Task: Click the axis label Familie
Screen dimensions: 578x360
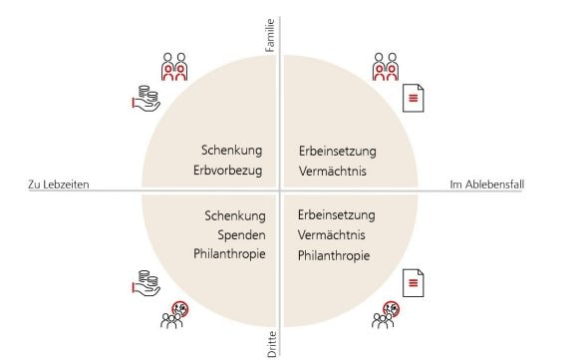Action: point(271,37)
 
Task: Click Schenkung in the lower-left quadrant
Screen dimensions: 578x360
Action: point(233,215)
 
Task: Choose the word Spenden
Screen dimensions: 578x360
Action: point(239,234)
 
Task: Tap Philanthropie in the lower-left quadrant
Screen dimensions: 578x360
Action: point(228,254)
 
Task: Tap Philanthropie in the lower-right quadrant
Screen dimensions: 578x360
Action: point(334,255)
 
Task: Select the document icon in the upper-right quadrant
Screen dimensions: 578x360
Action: point(412,98)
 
